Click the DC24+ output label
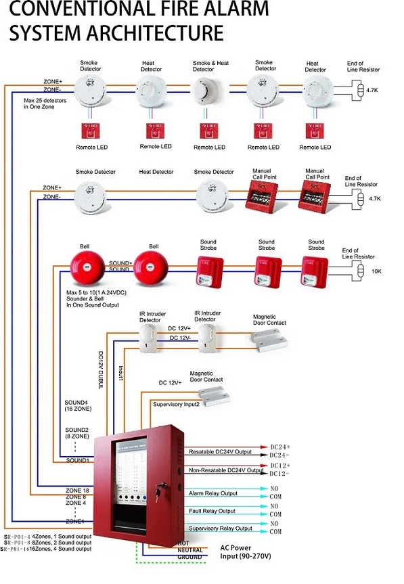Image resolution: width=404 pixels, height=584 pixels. [x=280, y=447]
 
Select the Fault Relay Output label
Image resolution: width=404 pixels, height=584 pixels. [x=212, y=511]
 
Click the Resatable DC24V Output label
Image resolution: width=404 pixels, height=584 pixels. [x=219, y=451]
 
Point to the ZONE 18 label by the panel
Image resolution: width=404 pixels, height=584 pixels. [x=77, y=489]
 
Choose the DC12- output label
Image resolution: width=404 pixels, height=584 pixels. [x=280, y=474]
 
